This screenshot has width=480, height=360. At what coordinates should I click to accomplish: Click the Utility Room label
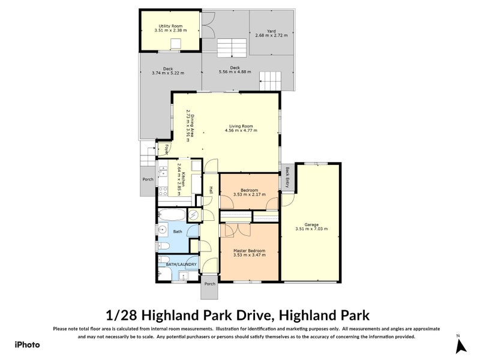(170, 26)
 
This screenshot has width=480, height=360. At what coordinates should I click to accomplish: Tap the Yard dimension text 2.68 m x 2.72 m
(267, 35)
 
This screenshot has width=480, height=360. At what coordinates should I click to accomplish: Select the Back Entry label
(287, 178)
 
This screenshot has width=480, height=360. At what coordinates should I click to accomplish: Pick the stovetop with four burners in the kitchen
(162, 191)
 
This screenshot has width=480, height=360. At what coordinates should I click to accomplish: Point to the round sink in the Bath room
(163, 231)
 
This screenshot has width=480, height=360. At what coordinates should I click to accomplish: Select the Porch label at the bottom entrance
(209, 283)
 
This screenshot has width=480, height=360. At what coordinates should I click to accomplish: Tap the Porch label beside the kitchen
(147, 179)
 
